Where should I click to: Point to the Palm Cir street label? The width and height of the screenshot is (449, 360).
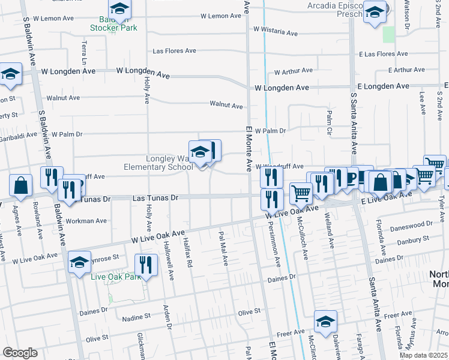(x=329, y=122)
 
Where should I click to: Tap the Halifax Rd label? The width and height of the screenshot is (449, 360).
(x=188, y=254)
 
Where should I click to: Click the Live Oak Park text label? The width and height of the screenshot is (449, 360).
(x=115, y=277)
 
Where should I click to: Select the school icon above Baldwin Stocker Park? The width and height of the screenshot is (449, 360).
(x=119, y=8)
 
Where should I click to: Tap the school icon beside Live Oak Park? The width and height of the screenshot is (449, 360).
(x=79, y=262)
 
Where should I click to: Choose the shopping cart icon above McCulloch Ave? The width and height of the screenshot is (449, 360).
(x=301, y=193)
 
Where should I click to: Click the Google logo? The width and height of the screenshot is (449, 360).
(x=20, y=353)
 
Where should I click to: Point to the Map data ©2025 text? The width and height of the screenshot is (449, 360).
(x=423, y=355)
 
